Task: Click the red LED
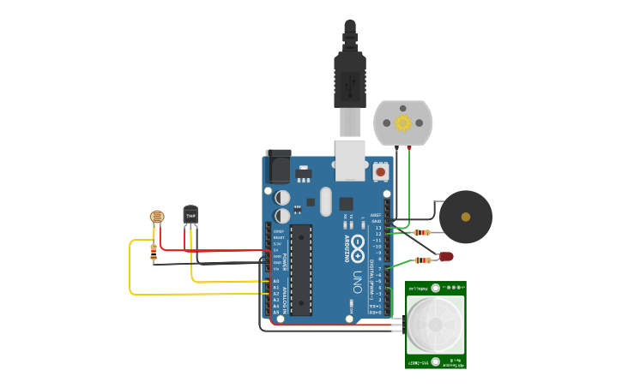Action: [x=446, y=256]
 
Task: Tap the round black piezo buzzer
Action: [x=466, y=217]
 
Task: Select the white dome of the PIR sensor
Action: [x=435, y=325]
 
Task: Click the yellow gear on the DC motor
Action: [x=402, y=122]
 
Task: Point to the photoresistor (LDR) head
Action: [x=157, y=218]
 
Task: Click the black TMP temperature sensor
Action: [x=190, y=214]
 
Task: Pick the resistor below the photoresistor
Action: [x=154, y=252]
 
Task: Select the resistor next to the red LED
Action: [x=422, y=260]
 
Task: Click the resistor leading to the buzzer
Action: [x=421, y=232]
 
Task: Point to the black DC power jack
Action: [x=278, y=165]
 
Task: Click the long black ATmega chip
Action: [x=300, y=270]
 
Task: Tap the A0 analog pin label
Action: [x=276, y=281]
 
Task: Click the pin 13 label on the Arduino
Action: [x=378, y=228]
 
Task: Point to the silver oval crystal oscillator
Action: [x=325, y=201]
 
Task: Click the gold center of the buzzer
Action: [x=466, y=217]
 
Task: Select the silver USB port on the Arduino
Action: [x=350, y=161]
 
